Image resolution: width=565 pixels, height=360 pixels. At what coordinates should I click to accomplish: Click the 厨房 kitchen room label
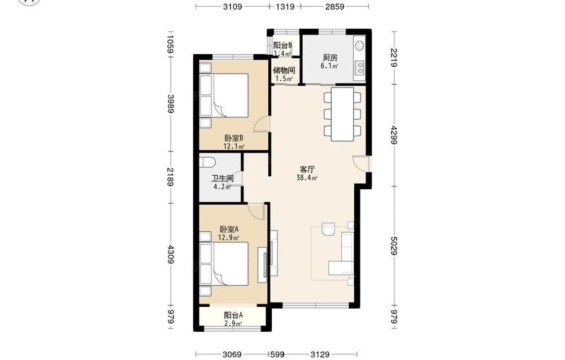(x=330, y=57)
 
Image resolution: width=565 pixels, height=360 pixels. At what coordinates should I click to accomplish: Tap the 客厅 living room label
(x=307, y=169)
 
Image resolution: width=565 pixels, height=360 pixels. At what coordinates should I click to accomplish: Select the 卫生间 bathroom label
(x=222, y=179)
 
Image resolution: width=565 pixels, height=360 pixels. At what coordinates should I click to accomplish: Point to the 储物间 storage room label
(x=284, y=70)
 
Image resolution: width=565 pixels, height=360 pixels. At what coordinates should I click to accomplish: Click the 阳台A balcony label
(x=233, y=315)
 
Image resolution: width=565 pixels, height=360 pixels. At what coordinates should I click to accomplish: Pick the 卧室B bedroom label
(x=234, y=138)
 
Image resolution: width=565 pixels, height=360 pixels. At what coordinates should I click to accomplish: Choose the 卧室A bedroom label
(x=229, y=229)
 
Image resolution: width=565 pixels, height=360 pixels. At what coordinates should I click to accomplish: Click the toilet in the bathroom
(x=207, y=162)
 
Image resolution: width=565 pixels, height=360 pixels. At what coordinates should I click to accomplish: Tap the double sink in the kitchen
(x=359, y=67)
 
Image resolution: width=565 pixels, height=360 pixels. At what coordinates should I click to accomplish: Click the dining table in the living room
(x=342, y=114)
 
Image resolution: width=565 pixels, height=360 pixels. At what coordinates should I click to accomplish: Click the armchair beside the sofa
(x=329, y=229)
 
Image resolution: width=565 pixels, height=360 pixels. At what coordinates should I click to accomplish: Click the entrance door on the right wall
(x=360, y=163)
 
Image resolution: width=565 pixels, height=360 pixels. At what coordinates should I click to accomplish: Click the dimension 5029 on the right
(x=394, y=246)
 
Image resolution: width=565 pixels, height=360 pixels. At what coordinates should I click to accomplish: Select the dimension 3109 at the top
(x=232, y=6)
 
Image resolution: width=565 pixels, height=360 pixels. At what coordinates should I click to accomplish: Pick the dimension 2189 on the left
(x=171, y=177)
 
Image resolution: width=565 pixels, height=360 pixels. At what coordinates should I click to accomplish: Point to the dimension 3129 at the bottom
(x=320, y=354)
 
